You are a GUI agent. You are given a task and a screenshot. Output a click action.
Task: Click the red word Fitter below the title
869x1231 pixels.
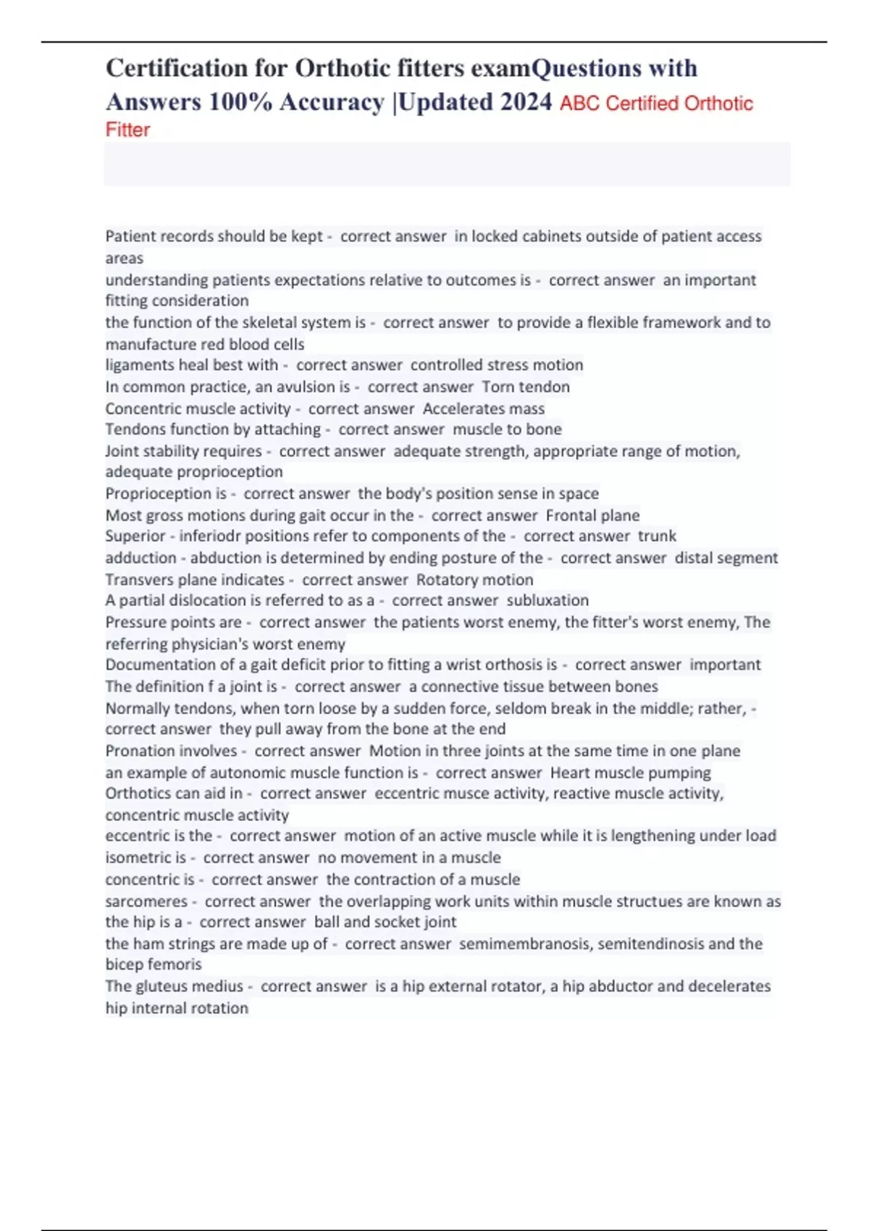click(127, 130)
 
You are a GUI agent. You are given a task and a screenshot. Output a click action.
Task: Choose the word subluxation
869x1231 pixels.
click(547, 600)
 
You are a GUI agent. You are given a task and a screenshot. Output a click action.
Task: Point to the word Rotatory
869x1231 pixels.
click(445, 579)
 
